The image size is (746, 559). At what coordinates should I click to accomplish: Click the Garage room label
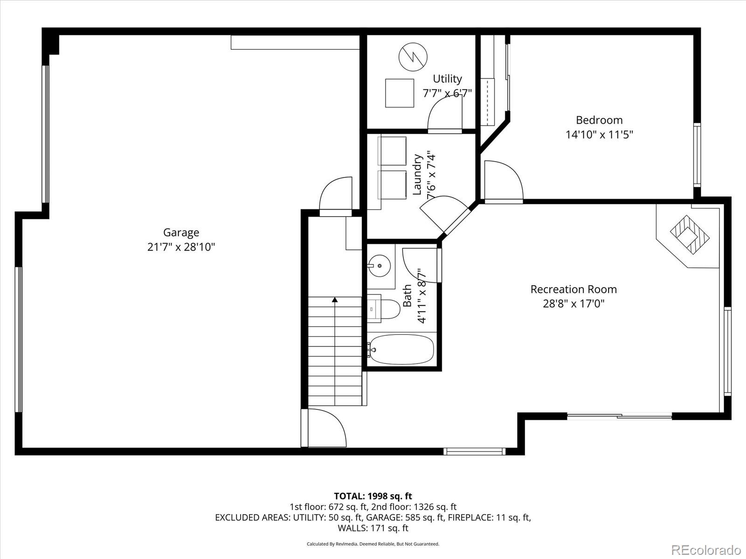pyautogui.click(x=181, y=232)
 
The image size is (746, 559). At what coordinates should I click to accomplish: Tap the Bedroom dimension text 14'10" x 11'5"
pyautogui.click(x=599, y=135)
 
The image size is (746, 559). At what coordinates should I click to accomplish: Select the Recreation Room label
pyautogui.click(x=573, y=289)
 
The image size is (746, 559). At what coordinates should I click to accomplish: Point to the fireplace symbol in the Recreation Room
pyautogui.click(x=690, y=234)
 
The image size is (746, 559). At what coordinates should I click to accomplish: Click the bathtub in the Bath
pyautogui.click(x=401, y=349)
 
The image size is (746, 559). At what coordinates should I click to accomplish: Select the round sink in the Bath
pyautogui.click(x=380, y=266)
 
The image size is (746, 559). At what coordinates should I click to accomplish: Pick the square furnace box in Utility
pyautogui.click(x=400, y=93)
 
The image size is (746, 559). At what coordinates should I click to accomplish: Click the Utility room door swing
pyautogui.click(x=444, y=114)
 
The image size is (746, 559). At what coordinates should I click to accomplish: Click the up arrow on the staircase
pyautogui.click(x=335, y=300)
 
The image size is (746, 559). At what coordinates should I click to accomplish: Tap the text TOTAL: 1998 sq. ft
pyautogui.click(x=373, y=496)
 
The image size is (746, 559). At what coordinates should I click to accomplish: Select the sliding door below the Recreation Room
pyautogui.click(x=619, y=416)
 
